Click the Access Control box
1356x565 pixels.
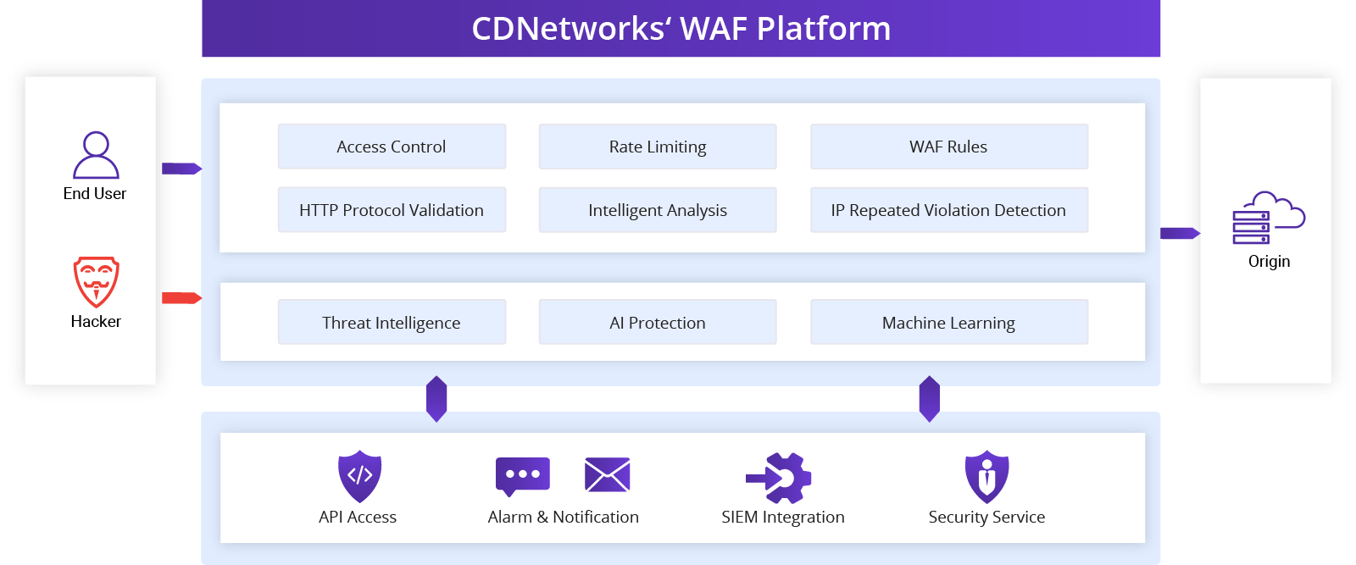[392, 147]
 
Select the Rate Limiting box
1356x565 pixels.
[658, 147]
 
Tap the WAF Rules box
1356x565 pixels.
[948, 147]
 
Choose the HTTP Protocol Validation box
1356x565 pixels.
[392, 210]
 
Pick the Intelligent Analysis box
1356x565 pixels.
[658, 210]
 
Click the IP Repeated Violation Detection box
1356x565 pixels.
[948, 210]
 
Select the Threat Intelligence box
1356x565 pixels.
[392, 323]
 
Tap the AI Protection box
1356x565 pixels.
[658, 323]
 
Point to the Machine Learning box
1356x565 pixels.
[948, 323]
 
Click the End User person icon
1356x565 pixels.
[96, 155]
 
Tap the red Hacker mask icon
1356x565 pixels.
[96, 281]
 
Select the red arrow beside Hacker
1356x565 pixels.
[181, 298]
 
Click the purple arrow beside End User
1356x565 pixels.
[181, 169]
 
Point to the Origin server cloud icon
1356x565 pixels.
[1268, 218]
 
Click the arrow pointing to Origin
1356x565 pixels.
[1179, 233]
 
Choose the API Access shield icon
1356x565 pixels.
[359, 475]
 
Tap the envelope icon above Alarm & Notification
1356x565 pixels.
[607, 474]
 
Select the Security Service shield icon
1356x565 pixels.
[986, 476]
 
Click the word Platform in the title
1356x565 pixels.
[823, 29]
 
